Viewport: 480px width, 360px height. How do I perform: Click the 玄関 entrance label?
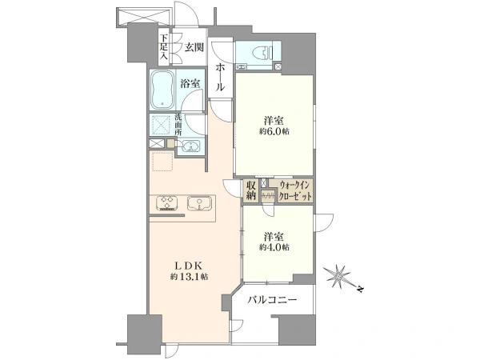(x=194, y=47)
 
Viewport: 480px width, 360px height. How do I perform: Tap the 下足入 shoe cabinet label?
(x=164, y=47)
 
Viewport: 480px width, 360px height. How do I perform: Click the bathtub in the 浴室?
(x=162, y=90)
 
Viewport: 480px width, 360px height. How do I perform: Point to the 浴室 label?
(x=190, y=83)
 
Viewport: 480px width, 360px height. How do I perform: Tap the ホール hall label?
(x=220, y=78)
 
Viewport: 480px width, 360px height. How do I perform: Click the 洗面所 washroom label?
(x=178, y=125)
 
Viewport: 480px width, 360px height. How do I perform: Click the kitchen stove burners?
(x=167, y=202)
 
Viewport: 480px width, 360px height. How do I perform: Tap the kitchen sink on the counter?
(x=199, y=203)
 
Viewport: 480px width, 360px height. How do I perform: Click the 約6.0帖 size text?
(x=274, y=132)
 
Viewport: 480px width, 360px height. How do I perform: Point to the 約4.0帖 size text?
(x=274, y=247)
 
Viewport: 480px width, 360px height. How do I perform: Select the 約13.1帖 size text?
(x=190, y=277)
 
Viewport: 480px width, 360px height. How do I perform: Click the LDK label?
(x=187, y=266)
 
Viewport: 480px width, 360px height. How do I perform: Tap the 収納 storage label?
(x=250, y=190)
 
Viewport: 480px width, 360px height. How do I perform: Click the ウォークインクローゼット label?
(x=295, y=190)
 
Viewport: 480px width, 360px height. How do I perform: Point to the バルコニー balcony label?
(x=272, y=299)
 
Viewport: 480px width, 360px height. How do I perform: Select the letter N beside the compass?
(x=361, y=289)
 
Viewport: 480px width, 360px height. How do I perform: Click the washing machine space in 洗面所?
(x=162, y=125)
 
